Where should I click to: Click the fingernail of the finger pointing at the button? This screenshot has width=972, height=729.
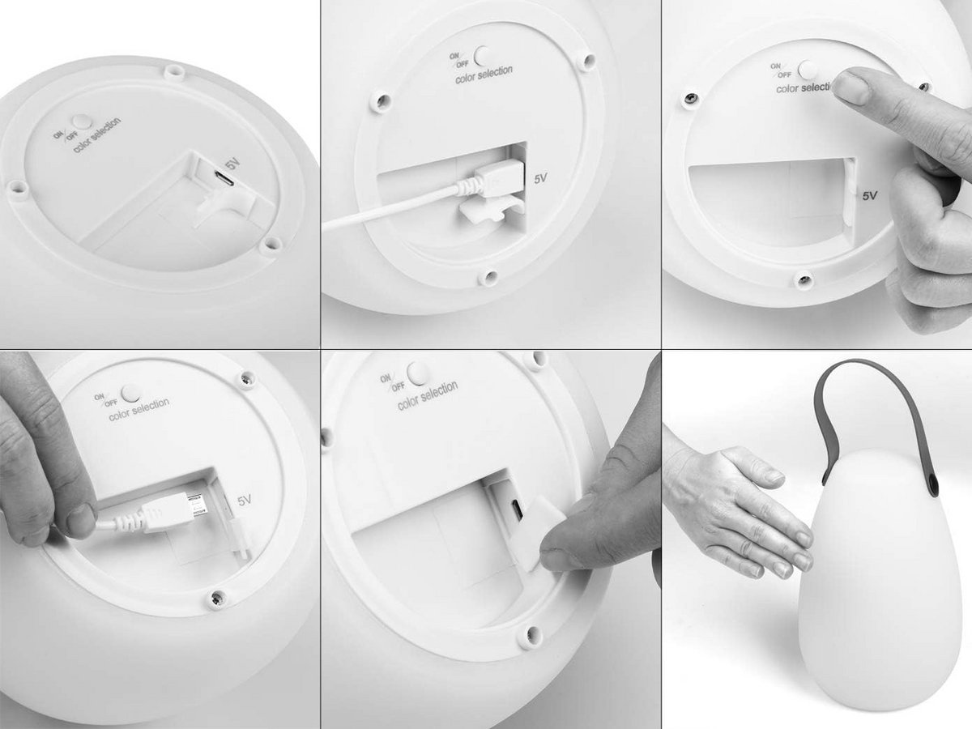point(851,87)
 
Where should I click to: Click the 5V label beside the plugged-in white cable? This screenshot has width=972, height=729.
point(540,178)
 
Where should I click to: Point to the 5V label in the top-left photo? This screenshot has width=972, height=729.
point(233,165)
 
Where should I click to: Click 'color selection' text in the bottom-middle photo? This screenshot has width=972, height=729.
point(428,395)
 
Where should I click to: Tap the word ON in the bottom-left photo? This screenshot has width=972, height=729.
point(98,397)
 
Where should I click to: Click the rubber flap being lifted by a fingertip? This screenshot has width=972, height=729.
point(537,531)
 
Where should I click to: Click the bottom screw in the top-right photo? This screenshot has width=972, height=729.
point(804,279)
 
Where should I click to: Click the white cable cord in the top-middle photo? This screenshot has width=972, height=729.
point(394,209)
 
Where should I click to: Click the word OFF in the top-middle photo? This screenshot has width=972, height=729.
point(463,64)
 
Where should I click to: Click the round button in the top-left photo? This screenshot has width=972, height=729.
point(82,122)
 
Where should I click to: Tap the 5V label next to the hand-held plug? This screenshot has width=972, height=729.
point(245,500)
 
